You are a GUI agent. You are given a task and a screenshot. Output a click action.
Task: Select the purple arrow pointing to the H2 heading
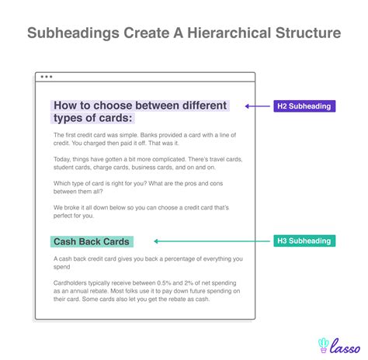pos(258,106)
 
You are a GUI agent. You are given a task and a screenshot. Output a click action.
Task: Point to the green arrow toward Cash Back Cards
pos(205,241)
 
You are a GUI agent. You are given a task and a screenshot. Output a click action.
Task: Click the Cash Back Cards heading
pos(91,242)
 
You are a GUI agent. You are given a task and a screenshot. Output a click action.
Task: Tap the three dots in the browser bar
pos(47,78)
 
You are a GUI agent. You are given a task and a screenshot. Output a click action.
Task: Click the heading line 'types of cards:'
pos(92,118)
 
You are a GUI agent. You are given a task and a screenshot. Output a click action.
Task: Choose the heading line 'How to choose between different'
pos(140,105)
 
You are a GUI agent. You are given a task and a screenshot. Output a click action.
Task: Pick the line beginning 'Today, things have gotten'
pos(144,159)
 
